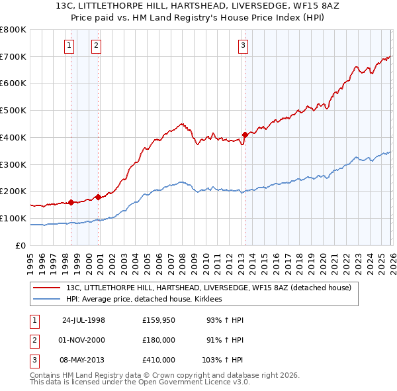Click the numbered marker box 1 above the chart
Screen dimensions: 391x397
[69, 45]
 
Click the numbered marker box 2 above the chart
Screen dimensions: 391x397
[97, 45]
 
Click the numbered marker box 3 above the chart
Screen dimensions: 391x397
[243, 45]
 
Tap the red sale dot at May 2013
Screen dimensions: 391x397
[244, 135]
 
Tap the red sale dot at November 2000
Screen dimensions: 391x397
[98, 197]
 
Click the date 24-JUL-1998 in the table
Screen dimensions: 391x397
[83, 320]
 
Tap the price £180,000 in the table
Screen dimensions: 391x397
[159, 340]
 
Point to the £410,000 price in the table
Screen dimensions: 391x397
[159, 360]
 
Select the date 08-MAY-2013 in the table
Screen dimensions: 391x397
[83, 360]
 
